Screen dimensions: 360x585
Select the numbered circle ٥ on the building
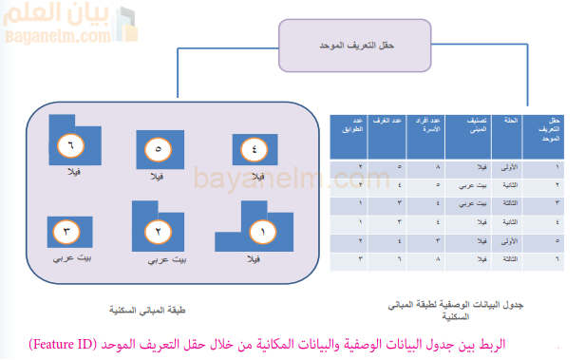(158, 149)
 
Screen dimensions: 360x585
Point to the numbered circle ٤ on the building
(255, 149)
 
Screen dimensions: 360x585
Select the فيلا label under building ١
(254, 257)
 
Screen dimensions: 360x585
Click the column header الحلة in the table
(509, 123)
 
